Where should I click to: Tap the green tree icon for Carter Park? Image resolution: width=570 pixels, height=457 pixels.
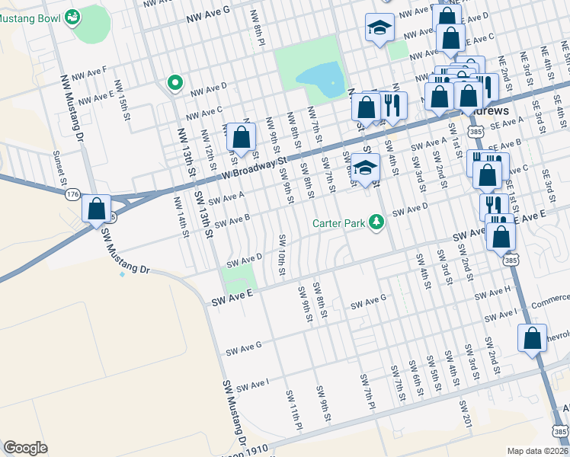click(x=375, y=222)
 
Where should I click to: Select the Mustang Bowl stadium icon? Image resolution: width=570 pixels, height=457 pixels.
click(x=73, y=17)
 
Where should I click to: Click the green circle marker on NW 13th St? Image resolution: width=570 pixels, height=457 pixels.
click(x=175, y=82)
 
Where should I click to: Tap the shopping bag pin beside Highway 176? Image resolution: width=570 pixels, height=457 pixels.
click(x=97, y=208)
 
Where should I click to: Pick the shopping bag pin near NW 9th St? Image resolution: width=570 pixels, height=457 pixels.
click(x=241, y=138)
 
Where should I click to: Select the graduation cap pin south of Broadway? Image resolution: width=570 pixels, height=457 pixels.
click(x=366, y=168)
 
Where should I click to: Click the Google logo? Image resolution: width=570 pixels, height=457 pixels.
click(x=25, y=448)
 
